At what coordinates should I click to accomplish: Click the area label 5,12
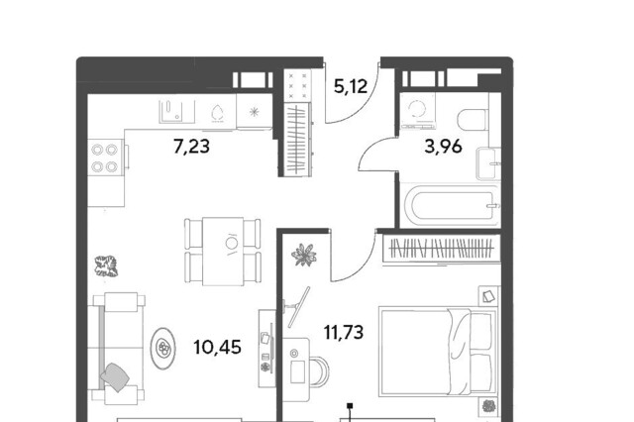pyautogui.click(x=351, y=86)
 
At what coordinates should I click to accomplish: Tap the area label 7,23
pyautogui.click(x=191, y=146)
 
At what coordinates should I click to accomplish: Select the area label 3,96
pyautogui.click(x=443, y=146)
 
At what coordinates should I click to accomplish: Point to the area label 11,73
pyautogui.click(x=344, y=332)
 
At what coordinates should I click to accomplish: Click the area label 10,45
pyautogui.click(x=218, y=348)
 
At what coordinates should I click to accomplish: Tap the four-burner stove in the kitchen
pyautogui.click(x=105, y=158)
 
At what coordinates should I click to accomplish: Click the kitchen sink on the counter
pyautogui.click(x=176, y=111)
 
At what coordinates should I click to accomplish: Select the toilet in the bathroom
pyautogui.click(x=473, y=120)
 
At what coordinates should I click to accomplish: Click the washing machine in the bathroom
pyautogui.click(x=418, y=111)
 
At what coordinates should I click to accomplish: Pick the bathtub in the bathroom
pyautogui.click(x=450, y=206)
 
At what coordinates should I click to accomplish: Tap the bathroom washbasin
pyautogui.click(x=488, y=163)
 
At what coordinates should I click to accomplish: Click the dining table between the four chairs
pyautogui.click(x=223, y=252)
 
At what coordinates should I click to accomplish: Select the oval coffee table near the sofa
pyautogui.click(x=163, y=348)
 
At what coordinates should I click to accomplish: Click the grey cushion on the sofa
pyautogui.click(x=115, y=376)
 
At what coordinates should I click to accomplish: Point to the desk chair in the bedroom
pyautogui.click(x=319, y=371)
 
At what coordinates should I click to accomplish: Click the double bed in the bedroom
pyautogui.click(x=438, y=352)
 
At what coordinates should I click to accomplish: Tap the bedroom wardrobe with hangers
pyautogui.click(x=442, y=249)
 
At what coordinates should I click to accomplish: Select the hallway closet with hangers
pyautogui.click(x=297, y=140)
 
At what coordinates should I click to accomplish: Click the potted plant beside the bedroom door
pyautogui.click(x=304, y=255)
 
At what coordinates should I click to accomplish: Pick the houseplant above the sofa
pyautogui.click(x=106, y=266)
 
